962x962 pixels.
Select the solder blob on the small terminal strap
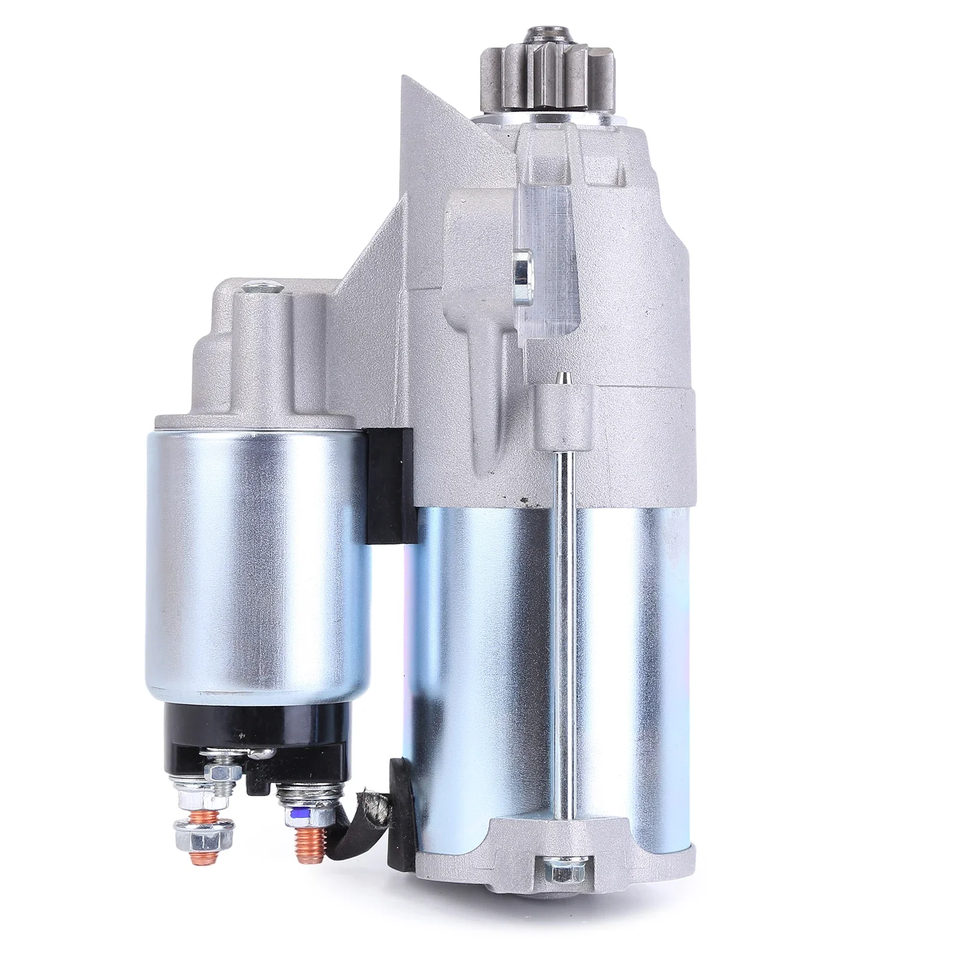coord(259,753)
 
